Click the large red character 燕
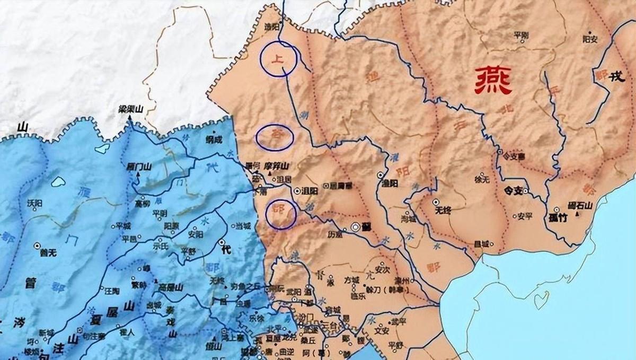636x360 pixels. tap(493, 81)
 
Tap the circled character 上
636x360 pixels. tap(278, 59)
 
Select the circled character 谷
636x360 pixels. tap(275, 137)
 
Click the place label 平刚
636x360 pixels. tap(521, 35)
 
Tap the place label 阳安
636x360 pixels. tap(590, 39)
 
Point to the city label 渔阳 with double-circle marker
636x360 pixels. tap(390, 182)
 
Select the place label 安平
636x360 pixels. tap(524, 216)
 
